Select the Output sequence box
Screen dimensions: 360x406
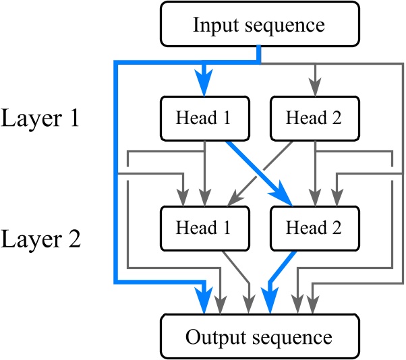click(x=259, y=335)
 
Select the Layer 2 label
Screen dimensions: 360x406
click(x=41, y=239)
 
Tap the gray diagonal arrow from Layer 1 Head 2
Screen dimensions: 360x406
click(x=256, y=173)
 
